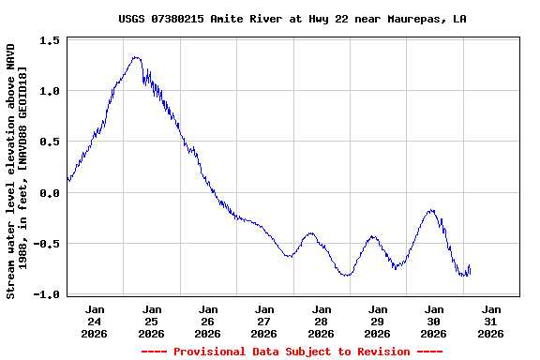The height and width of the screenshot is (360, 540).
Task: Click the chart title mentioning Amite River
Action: pos(292,19)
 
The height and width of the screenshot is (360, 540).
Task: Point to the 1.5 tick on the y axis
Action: pos(51,40)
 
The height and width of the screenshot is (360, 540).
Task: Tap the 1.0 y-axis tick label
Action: pos(51,91)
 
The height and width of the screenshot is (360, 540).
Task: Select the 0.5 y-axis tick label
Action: pos(51,142)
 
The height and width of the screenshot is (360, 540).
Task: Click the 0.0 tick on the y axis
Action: pos(51,193)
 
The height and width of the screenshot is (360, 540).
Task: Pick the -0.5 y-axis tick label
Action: pos(47,244)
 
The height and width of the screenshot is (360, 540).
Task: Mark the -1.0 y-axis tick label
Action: pos(47,294)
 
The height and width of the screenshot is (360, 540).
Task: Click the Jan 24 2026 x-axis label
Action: pos(95,321)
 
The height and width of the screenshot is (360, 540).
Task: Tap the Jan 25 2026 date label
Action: pos(151,321)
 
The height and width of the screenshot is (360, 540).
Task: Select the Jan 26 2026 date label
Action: pos(208,321)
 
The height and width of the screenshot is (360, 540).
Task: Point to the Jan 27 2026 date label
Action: pos(264,321)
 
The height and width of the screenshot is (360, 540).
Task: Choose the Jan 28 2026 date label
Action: pos(321,321)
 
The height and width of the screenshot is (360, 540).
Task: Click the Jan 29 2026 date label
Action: pos(377,321)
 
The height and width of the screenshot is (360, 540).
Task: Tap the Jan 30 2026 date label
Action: pos(434,321)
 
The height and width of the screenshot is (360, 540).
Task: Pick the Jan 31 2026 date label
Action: pos(490,321)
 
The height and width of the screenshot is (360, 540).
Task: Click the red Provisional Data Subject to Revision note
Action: pos(292,352)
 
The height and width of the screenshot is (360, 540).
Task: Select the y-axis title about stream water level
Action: pos(17,171)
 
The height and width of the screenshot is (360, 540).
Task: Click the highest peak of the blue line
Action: pos(136,57)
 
